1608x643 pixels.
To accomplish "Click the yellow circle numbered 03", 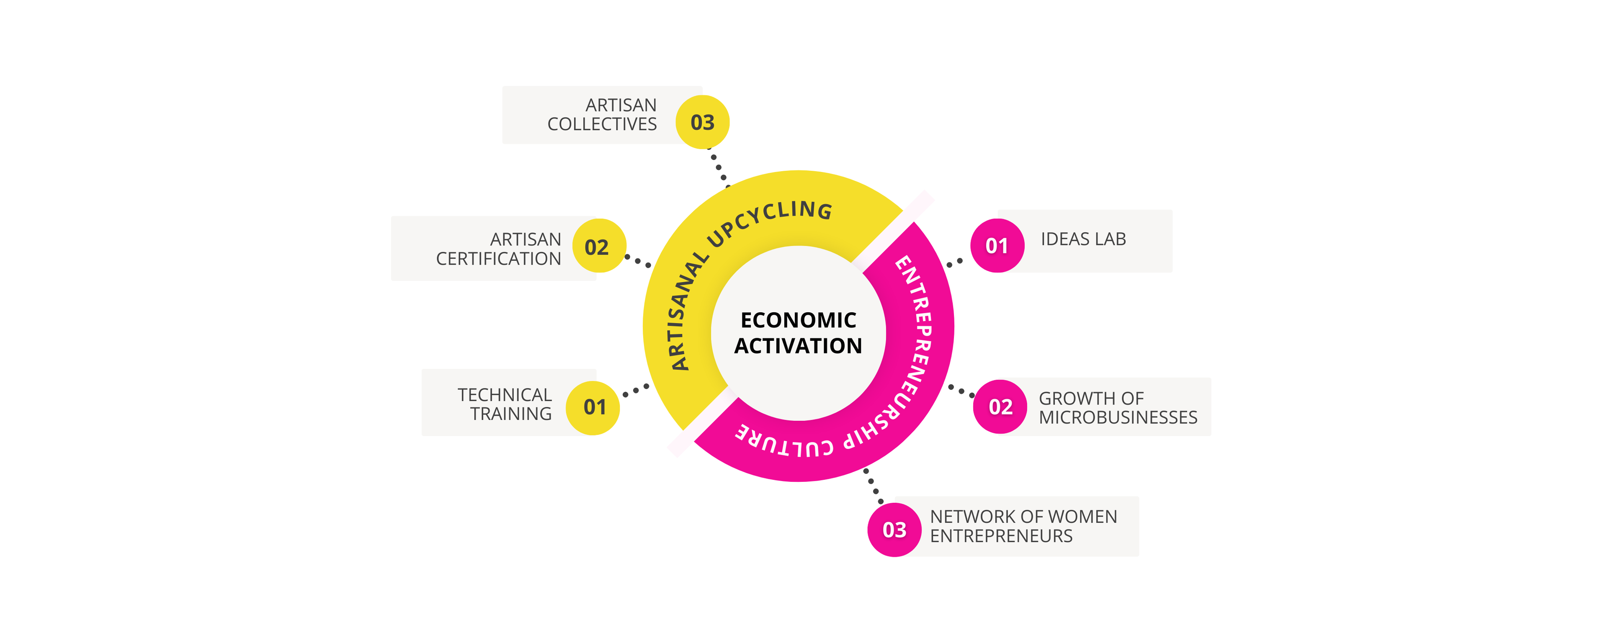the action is pyautogui.click(x=702, y=122).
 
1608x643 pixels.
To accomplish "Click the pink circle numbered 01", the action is pyautogui.click(x=997, y=245).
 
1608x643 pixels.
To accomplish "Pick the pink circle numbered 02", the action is pyautogui.click(x=1000, y=406).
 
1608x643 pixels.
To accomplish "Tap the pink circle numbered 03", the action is pyautogui.click(x=894, y=530).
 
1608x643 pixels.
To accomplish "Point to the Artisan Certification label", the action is pyautogui.click(x=498, y=249).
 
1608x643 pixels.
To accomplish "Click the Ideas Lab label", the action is pyautogui.click(x=1083, y=239).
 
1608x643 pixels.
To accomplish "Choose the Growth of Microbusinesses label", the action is pyautogui.click(x=1118, y=408).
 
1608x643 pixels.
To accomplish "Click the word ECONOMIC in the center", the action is pyautogui.click(x=799, y=320).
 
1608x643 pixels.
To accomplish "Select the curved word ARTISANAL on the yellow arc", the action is pyautogui.click(x=687, y=311).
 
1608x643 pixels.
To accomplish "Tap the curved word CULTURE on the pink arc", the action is pyautogui.click(x=784, y=442).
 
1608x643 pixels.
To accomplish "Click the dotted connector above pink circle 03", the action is pyautogui.click(x=873, y=486).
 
